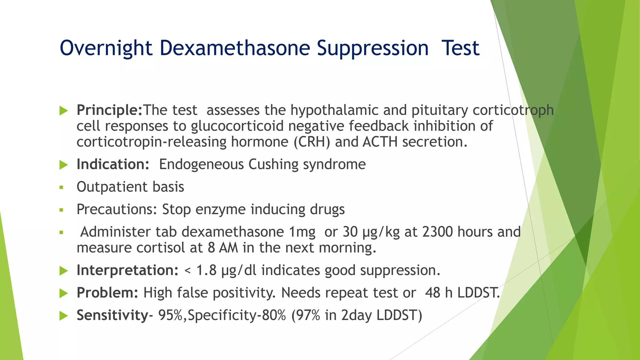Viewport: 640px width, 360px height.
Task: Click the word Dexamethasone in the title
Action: tap(235, 48)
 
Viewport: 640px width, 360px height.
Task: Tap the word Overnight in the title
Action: tap(106, 48)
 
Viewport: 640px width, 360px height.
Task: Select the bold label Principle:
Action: tap(109, 110)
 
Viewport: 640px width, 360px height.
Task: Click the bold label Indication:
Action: tap(113, 164)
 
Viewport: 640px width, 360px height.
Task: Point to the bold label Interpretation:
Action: tap(127, 270)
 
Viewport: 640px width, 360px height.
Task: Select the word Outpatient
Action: tap(108, 187)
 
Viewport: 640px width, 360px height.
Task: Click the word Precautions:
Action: tap(117, 209)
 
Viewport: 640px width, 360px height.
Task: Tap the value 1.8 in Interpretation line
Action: tap(206, 270)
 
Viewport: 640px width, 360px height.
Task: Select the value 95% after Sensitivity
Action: tap(170, 315)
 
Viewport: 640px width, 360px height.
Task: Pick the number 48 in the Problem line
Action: tap(432, 293)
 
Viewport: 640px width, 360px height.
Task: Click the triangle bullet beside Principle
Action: tap(64, 111)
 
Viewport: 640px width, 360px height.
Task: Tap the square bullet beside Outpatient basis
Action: tap(61, 187)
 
